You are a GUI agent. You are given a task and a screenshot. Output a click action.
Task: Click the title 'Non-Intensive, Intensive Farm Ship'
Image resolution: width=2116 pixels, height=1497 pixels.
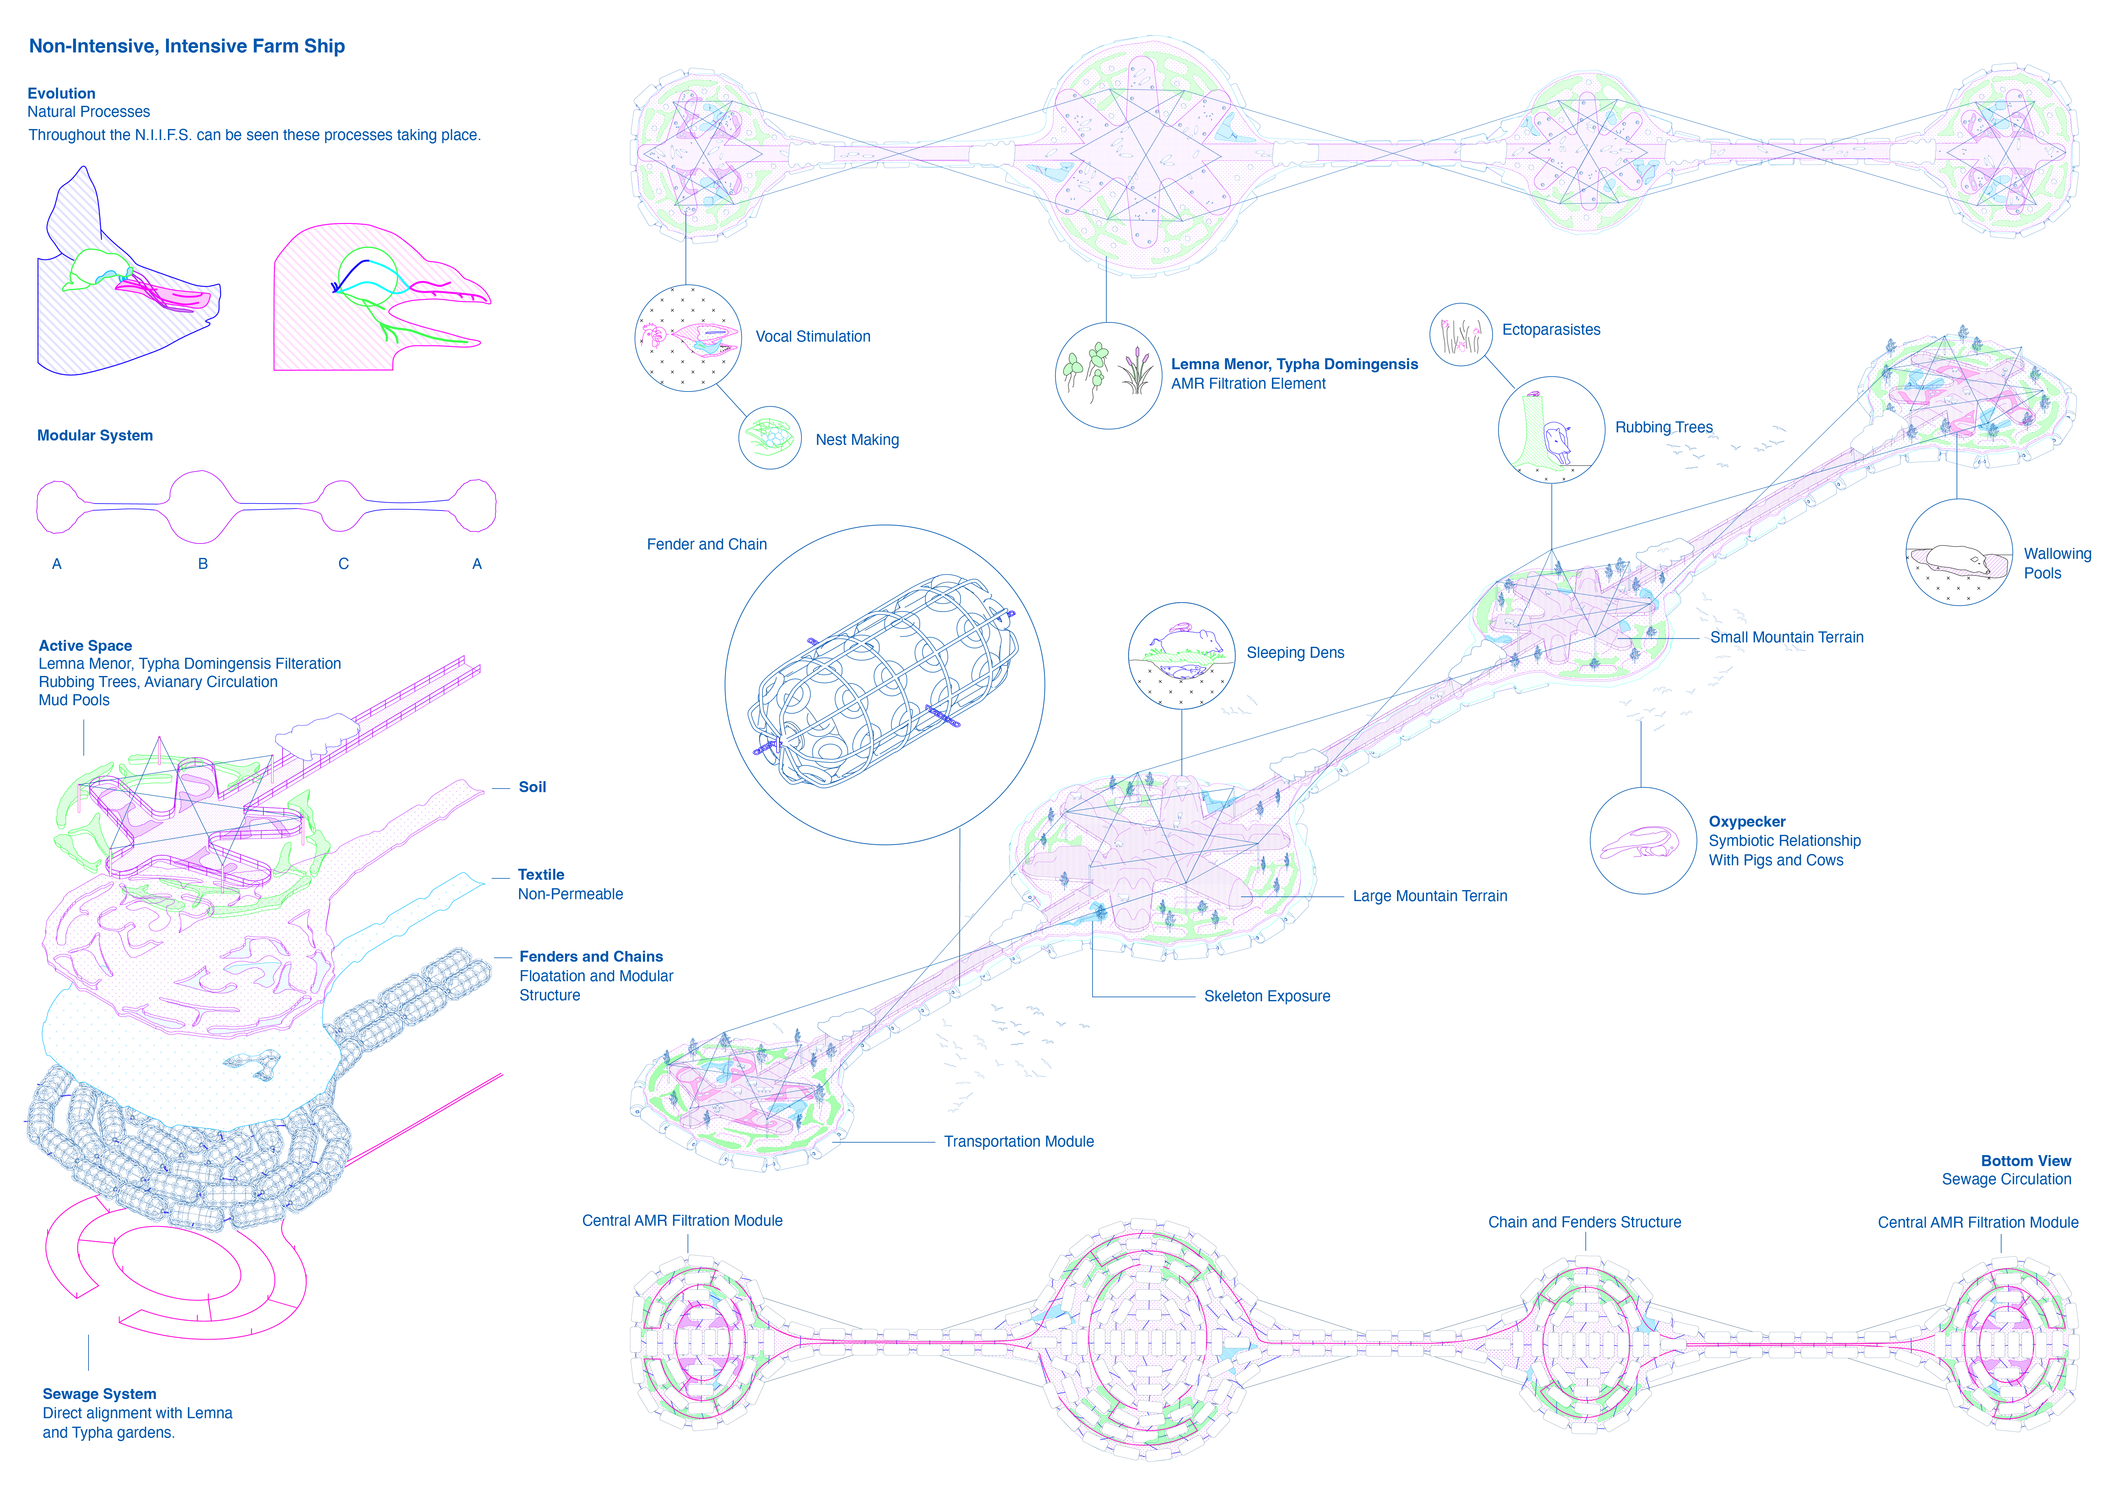point(187,46)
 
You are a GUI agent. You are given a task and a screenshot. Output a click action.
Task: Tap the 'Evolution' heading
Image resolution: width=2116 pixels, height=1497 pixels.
point(62,93)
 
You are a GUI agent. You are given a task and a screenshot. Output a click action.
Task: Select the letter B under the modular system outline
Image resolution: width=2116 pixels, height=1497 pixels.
point(203,563)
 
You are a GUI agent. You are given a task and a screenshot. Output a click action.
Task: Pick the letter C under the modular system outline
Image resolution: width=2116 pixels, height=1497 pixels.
point(344,563)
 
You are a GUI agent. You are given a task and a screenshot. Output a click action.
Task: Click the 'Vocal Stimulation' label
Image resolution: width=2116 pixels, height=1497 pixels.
point(813,337)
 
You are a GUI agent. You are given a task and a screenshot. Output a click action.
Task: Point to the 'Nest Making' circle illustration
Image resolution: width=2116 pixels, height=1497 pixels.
point(770,438)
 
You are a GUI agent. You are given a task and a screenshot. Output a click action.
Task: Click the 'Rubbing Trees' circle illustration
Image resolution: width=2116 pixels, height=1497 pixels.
point(1551,430)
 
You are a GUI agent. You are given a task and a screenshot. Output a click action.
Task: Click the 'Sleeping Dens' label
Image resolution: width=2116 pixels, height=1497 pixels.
point(1295,653)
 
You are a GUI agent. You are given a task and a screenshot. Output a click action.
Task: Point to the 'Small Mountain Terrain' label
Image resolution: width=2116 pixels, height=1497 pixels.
point(1786,637)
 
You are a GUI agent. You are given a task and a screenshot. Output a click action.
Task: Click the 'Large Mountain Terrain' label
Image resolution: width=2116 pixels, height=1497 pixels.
point(1430,896)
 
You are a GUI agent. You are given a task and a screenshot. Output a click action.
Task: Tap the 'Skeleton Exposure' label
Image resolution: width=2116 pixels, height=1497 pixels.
point(1267,997)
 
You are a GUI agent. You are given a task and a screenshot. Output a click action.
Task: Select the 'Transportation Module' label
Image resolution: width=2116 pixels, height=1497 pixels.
point(1018,1141)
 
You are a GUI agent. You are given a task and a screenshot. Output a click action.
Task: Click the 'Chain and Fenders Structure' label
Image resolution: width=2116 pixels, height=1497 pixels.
point(1584,1222)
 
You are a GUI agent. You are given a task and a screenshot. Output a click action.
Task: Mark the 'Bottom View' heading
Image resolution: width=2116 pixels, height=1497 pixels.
point(2026,1160)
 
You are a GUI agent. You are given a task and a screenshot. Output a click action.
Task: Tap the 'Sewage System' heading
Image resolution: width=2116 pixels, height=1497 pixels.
point(100,1394)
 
